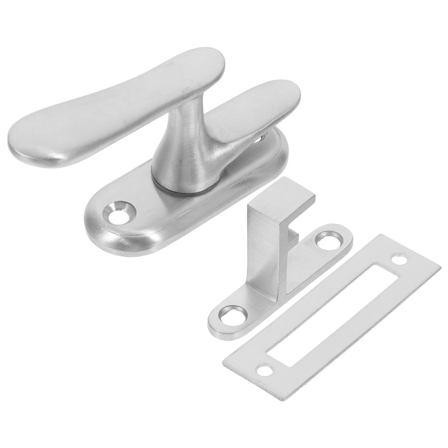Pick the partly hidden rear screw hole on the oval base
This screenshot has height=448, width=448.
[263, 137]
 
